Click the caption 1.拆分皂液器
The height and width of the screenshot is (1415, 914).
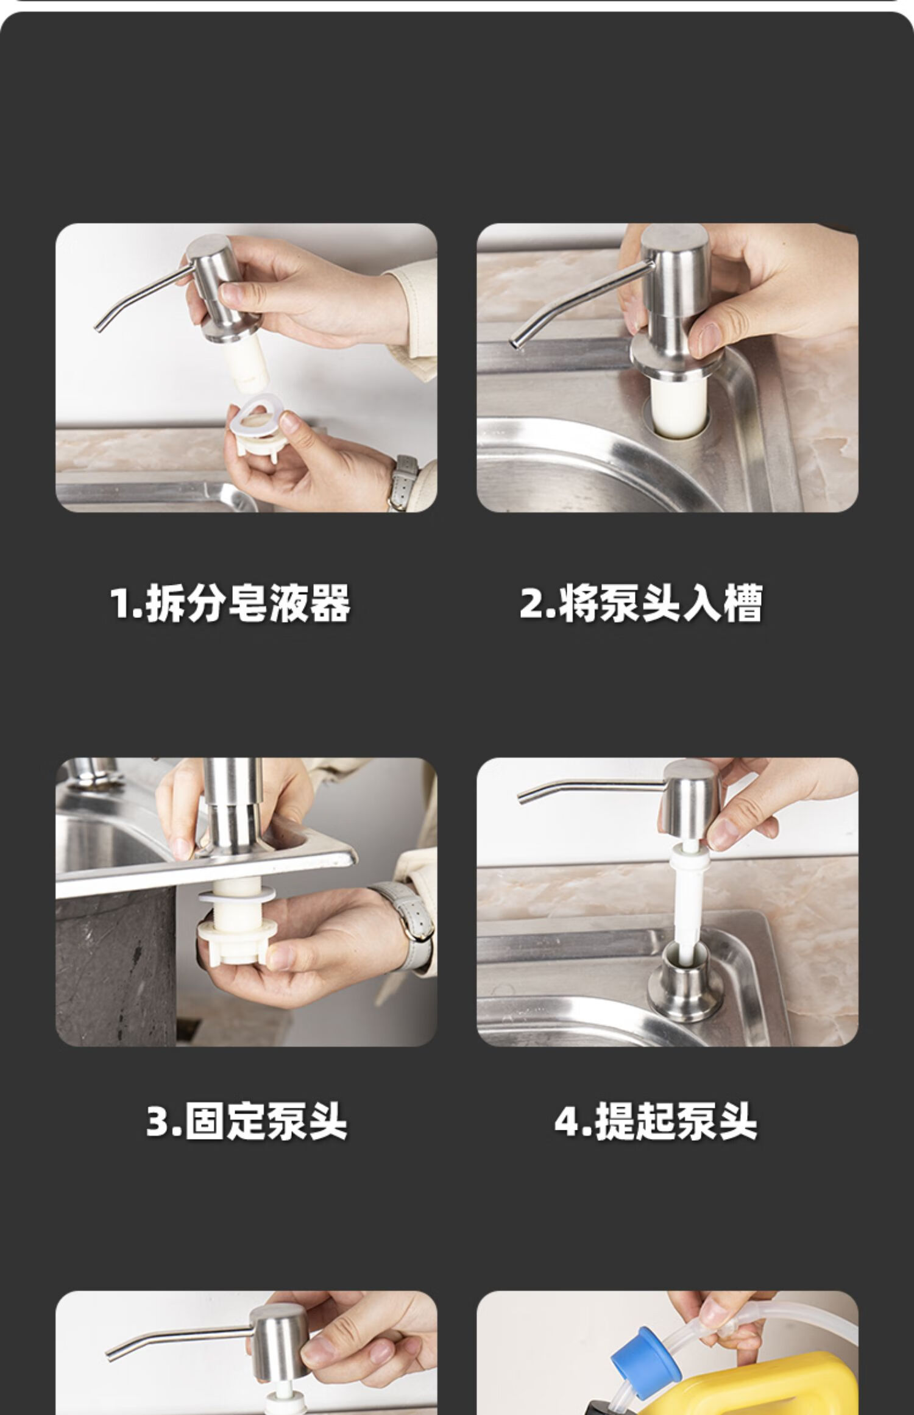230,603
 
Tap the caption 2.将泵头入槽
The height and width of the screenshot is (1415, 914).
640,603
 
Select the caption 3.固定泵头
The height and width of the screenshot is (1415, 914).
247,1121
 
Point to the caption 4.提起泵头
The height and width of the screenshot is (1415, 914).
656,1121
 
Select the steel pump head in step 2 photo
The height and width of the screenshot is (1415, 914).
675,286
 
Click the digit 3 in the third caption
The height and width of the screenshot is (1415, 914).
157,1121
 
